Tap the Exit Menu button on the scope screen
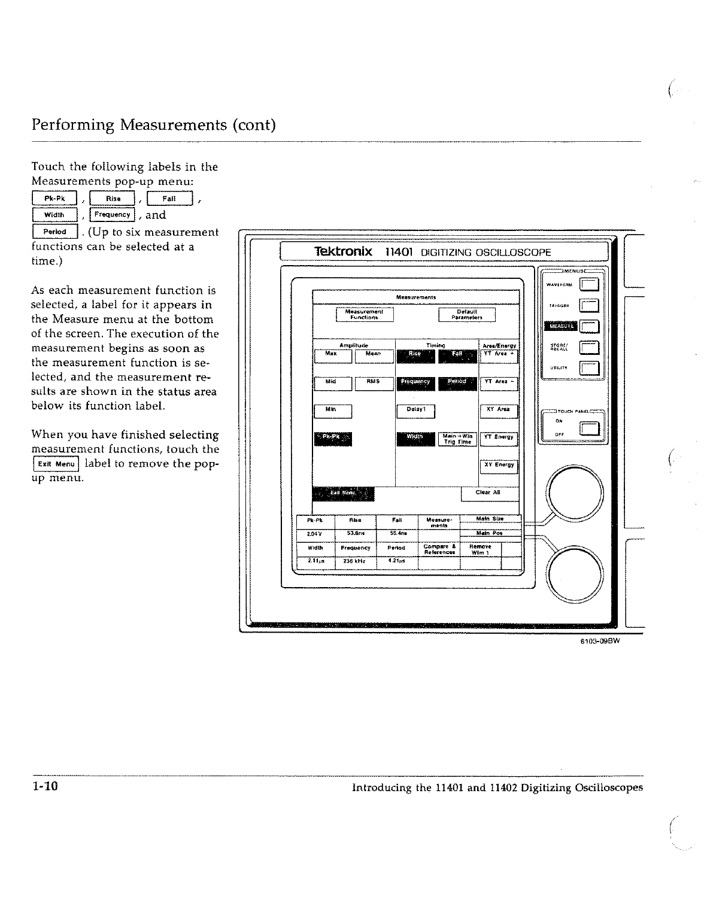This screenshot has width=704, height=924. click(343, 494)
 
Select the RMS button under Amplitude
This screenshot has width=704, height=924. click(374, 383)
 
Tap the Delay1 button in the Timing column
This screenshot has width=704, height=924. click(415, 411)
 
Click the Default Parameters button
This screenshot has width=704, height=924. click(466, 315)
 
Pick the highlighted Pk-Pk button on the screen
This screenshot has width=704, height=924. click(333, 439)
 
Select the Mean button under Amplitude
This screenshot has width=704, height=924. click(374, 355)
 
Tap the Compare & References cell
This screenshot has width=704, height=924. click(439, 549)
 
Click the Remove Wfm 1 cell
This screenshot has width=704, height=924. click(480, 549)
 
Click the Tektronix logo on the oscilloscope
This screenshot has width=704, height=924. click(343, 252)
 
